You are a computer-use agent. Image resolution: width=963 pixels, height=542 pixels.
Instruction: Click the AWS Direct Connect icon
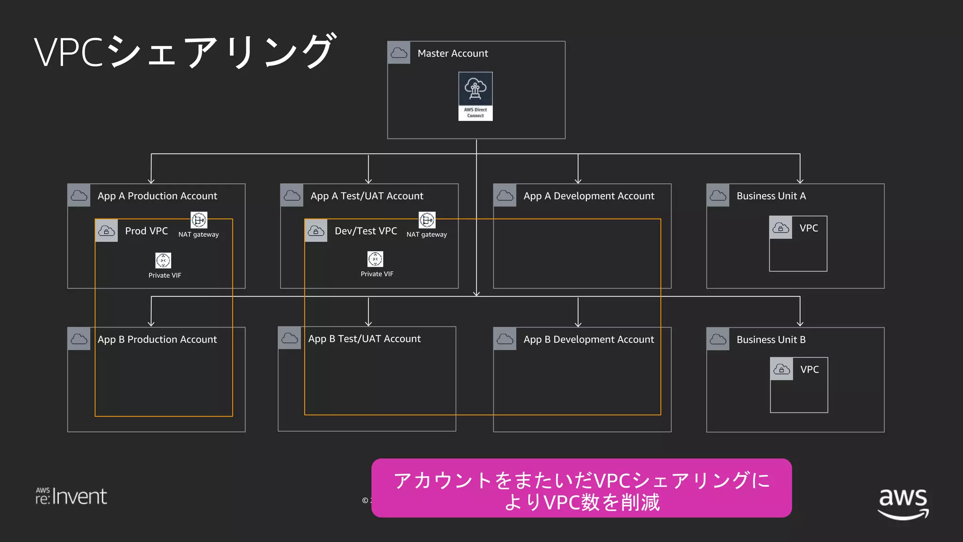pyautogui.click(x=475, y=96)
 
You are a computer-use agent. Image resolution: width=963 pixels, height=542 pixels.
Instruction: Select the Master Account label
pyautogui.click(x=452, y=53)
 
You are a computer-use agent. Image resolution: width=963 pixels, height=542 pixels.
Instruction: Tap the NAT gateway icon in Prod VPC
pyautogui.click(x=198, y=220)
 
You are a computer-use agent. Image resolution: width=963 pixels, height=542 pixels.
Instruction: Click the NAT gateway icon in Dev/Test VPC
pyautogui.click(x=426, y=220)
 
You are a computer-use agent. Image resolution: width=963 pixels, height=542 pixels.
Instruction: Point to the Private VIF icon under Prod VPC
pyautogui.click(x=163, y=260)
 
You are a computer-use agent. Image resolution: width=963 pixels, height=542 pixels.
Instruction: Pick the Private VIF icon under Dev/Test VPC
pyautogui.click(x=375, y=259)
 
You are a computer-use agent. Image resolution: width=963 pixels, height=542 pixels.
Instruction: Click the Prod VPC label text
pyautogui.click(x=146, y=231)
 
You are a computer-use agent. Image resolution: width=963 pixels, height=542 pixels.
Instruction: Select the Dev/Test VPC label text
pyautogui.click(x=365, y=231)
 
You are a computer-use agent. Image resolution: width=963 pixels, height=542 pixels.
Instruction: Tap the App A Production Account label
pyautogui.click(x=157, y=196)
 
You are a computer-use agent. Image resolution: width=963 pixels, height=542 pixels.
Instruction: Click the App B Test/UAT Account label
pyautogui.click(x=364, y=339)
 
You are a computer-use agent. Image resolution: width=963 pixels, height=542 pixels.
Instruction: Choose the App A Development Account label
pyautogui.click(x=588, y=196)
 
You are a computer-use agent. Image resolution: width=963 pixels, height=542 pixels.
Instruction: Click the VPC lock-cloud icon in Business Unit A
pyautogui.click(x=781, y=228)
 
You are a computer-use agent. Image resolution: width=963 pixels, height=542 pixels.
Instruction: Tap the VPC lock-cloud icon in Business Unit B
pyautogui.click(x=781, y=369)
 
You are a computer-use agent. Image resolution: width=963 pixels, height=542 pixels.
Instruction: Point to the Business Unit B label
pyautogui.click(x=771, y=340)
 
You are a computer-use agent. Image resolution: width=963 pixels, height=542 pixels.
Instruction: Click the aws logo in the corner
pyautogui.click(x=903, y=502)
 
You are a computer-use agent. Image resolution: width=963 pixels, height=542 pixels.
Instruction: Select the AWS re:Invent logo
pyautogui.click(x=71, y=496)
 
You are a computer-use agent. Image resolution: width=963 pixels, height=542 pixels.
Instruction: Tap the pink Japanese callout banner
pyautogui.click(x=581, y=488)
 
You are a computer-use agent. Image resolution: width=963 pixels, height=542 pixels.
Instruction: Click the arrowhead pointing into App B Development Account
pyautogui.click(x=578, y=324)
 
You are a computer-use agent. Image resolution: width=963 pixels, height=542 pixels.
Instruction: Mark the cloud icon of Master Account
pyautogui.click(x=399, y=53)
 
